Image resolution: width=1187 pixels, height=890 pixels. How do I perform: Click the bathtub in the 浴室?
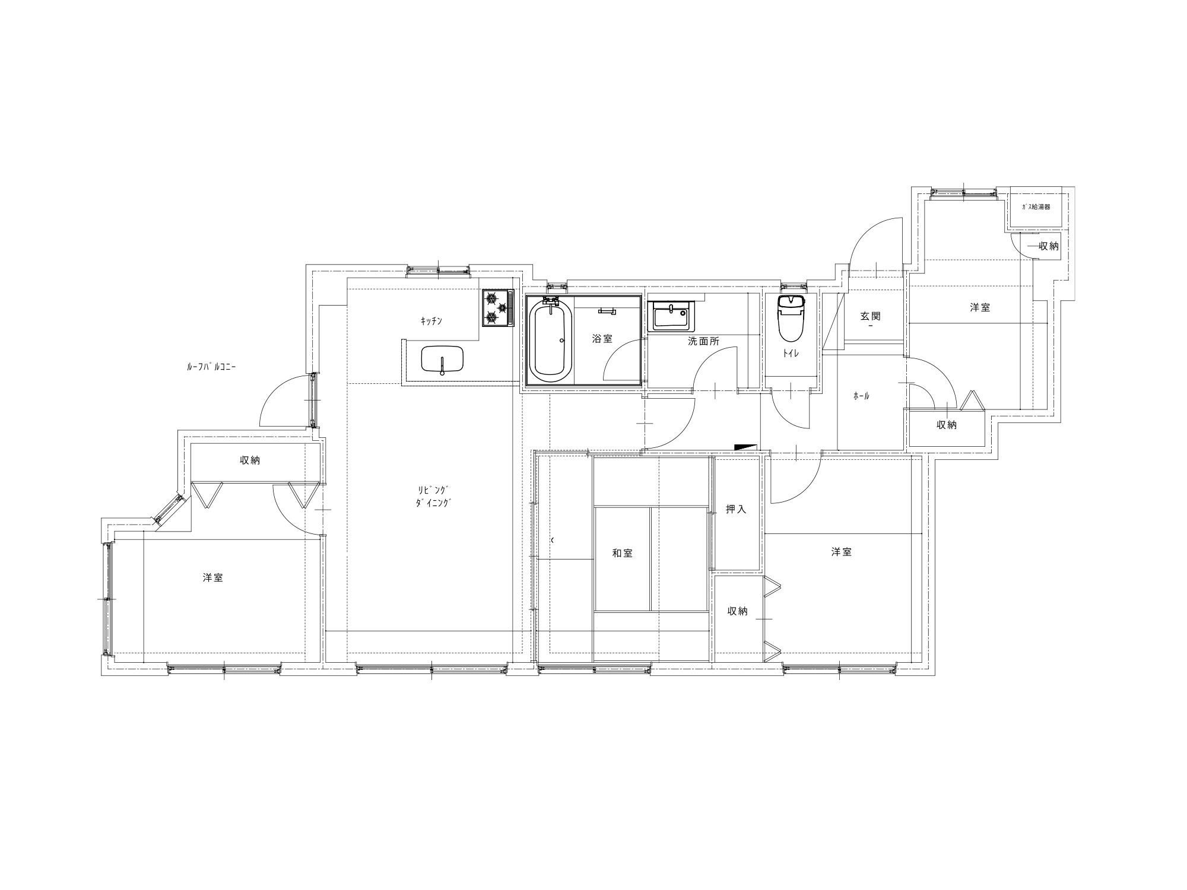point(550,339)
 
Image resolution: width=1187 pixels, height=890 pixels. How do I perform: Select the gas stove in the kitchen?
point(497,307)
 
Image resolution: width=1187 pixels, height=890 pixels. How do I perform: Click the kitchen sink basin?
point(443,360)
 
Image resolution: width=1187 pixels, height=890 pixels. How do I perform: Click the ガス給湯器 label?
point(1036,207)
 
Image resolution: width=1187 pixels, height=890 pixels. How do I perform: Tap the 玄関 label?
point(871,316)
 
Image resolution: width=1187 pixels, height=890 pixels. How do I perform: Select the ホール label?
point(861,396)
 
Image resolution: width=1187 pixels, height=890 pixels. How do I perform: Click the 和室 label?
point(623,553)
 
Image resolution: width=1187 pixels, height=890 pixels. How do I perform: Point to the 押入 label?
point(736,509)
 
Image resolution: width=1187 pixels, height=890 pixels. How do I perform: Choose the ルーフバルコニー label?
point(211,367)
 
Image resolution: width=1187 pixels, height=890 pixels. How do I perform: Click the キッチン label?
point(431,321)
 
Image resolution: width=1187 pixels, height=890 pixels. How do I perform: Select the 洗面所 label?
point(703,341)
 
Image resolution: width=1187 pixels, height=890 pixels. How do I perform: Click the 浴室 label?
point(602,339)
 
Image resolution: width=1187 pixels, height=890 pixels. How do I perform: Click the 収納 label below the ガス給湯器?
point(1049,246)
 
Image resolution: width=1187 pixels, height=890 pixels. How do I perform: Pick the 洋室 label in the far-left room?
point(212,577)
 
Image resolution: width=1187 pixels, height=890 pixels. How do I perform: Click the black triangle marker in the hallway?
point(747,447)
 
